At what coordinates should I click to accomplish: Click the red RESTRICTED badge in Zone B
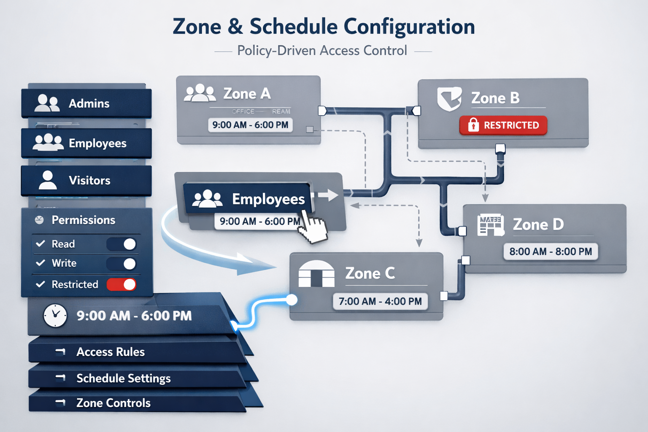[503, 125]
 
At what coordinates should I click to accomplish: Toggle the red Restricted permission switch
[121, 284]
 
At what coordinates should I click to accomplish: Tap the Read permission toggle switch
[121, 244]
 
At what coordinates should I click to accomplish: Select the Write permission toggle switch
[121, 264]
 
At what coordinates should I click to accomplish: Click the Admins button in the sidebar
[86, 103]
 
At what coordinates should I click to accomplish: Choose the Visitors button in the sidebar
[86, 181]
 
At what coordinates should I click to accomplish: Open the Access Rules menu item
[111, 352]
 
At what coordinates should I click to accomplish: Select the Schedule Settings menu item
[123, 378]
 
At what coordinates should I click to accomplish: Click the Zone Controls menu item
[113, 403]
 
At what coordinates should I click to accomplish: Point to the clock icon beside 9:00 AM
[55, 316]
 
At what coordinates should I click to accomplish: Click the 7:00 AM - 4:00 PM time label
[380, 301]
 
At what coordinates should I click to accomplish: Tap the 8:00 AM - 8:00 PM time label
[551, 251]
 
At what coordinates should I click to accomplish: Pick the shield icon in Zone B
[449, 98]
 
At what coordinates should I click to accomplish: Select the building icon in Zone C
[316, 274]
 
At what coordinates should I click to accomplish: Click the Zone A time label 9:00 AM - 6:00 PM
[250, 125]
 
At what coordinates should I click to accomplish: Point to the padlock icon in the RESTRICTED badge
[473, 125]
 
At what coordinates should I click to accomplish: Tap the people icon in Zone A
[200, 93]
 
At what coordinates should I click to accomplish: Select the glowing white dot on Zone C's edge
[292, 300]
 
